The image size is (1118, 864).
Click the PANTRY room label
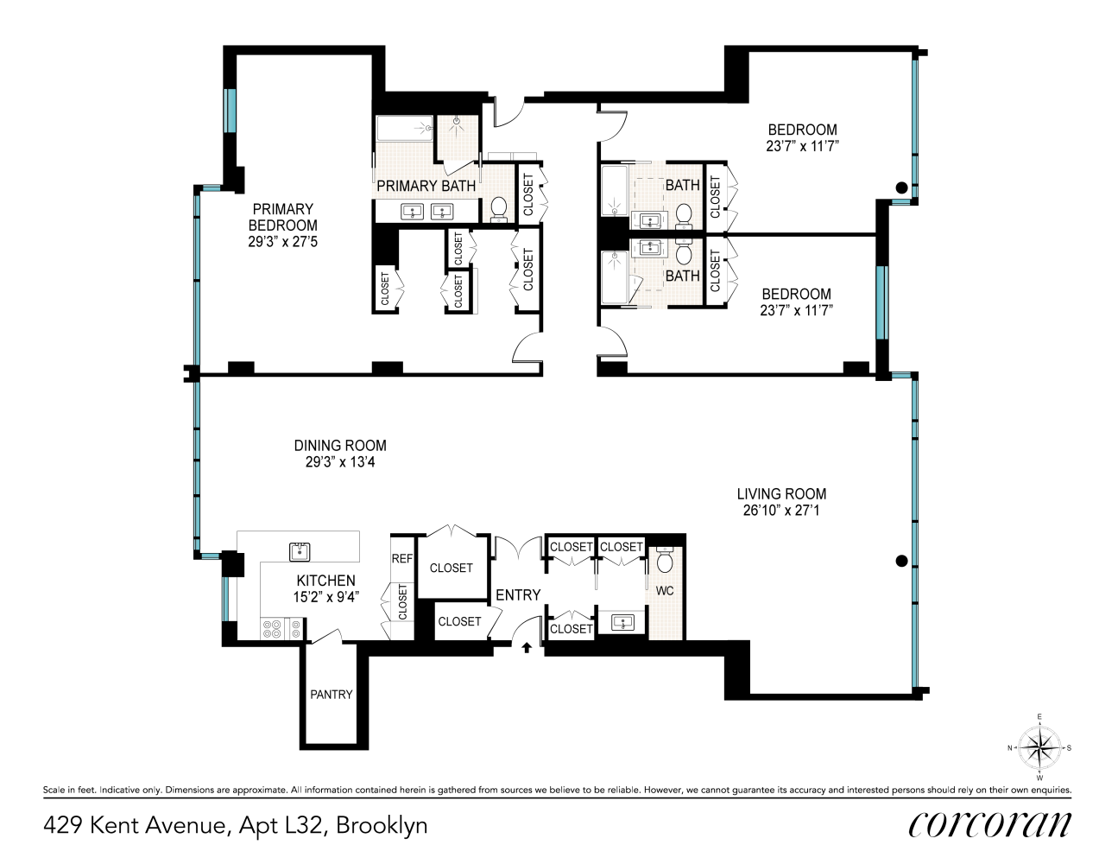click(332, 695)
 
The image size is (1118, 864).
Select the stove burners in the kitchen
click(273, 629)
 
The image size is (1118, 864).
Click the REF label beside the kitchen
click(402, 559)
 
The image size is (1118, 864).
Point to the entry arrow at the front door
click(527, 646)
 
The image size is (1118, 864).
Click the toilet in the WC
click(665, 562)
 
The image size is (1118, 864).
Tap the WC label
click(665, 591)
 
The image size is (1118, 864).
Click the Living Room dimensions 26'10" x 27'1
click(781, 511)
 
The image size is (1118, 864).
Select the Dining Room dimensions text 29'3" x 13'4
click(340, 462)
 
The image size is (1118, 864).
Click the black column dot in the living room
click(902, 561)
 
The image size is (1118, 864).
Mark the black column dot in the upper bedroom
click(901, 187)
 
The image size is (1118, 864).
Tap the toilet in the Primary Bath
click(498, 208)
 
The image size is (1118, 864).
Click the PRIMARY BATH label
click(426, 186)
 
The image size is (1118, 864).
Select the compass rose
click(1039, 748)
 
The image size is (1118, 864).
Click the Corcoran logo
click(989, 824)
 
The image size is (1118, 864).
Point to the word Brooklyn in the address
click(382, 825)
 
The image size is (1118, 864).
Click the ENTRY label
click(518, 595)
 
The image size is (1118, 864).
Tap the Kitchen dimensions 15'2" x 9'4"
click(326, 597)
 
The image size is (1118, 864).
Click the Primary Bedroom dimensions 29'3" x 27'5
click(283, 242)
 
